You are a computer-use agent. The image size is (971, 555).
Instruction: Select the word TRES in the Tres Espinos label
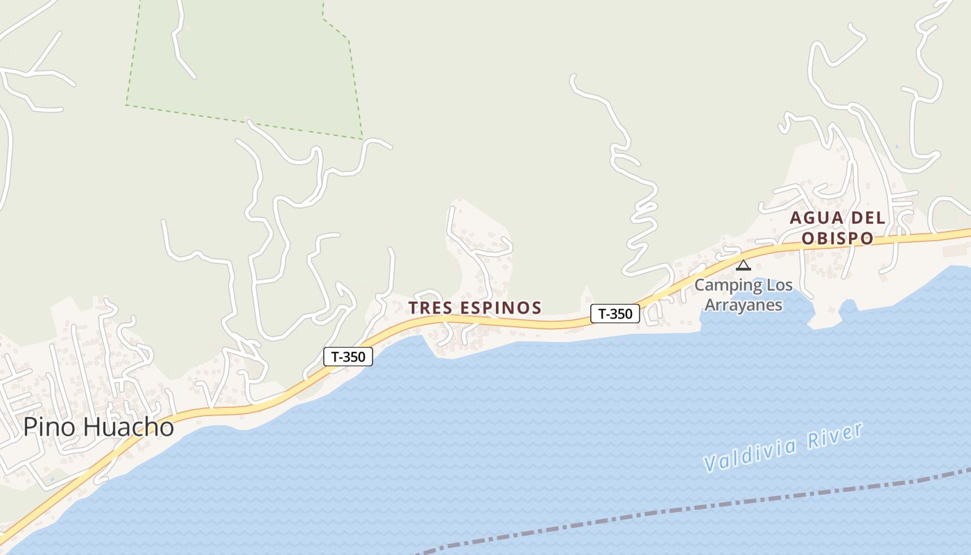(429, 307)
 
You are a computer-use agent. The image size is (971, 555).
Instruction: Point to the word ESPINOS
(499, 307)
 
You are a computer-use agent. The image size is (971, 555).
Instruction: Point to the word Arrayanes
(743, 305)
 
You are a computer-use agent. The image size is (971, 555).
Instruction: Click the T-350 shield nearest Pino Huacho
(348, 357)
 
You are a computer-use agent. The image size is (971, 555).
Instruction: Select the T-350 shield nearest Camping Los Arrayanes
(615, 314)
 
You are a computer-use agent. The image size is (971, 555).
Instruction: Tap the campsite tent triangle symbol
(744, 264)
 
